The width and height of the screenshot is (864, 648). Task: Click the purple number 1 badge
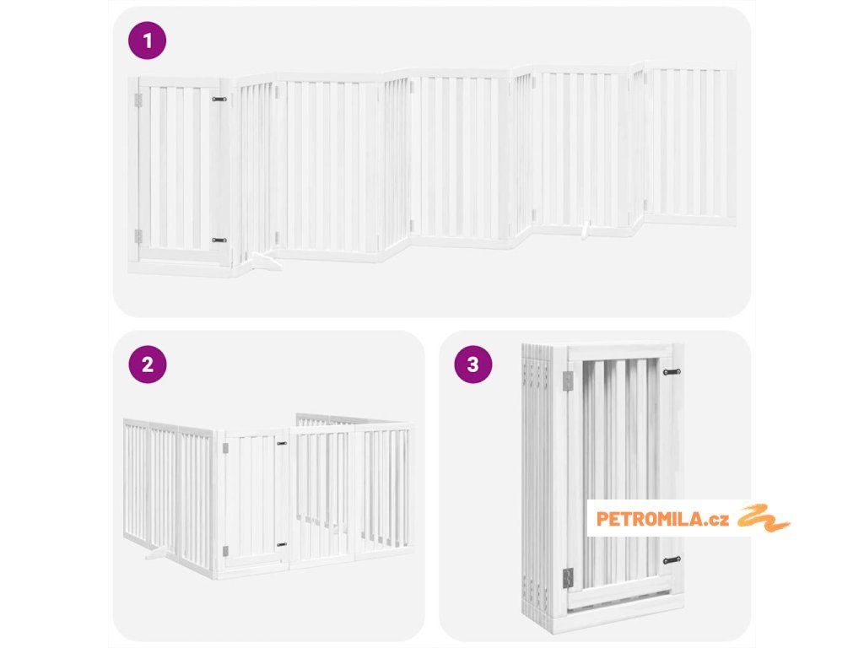[147, 40]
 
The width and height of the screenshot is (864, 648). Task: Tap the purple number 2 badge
[147, 364]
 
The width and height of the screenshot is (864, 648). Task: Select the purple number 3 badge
[472, 364]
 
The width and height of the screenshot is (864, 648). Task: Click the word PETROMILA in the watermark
[650, 519]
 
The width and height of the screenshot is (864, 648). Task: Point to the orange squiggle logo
[764, 517]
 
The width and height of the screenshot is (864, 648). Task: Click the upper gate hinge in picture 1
[138, 100]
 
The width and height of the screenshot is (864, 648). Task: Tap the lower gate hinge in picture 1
[138, 236]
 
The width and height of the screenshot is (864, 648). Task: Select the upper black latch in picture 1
[219, 100]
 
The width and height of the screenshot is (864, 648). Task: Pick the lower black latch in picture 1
[219, 240]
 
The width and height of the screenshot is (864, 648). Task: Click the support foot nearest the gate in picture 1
[264, 262]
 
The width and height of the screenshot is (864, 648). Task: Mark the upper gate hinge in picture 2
[225, 449]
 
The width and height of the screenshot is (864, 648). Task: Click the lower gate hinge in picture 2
[225, 551]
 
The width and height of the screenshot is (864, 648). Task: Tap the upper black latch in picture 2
[282, 443]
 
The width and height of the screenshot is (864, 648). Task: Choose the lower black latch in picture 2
[282, 544]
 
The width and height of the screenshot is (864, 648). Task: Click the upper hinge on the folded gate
[568, 379]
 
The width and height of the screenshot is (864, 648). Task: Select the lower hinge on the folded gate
[568, 578]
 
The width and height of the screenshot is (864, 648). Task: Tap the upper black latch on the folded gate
[672, 372]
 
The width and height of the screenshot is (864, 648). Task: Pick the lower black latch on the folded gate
[672, 560]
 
